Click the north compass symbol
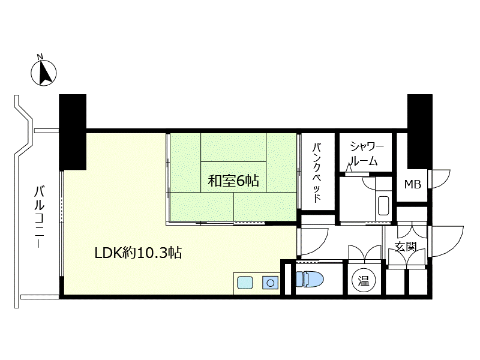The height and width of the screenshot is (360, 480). coord(43,73)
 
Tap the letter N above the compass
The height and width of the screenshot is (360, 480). coord(40,56)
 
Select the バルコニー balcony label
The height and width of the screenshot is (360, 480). coord(40,217)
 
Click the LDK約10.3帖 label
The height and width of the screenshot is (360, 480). coord(139,253)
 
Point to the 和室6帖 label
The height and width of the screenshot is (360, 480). coord(233,181)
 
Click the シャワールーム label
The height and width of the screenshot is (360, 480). coord(365,154)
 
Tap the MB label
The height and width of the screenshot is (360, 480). coord(413,184)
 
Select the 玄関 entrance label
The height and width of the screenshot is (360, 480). coord(406,247)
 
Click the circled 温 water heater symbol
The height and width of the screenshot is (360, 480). coord(364,280)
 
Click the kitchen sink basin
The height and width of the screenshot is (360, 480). coord(245,283)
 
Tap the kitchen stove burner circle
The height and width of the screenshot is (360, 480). coord(271,283)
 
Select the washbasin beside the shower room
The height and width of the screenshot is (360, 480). coord(383,205)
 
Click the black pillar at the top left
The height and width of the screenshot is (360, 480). coord(73,131)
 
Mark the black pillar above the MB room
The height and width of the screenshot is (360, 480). coord(419,131)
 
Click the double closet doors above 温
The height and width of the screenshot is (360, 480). coord(364,253)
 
